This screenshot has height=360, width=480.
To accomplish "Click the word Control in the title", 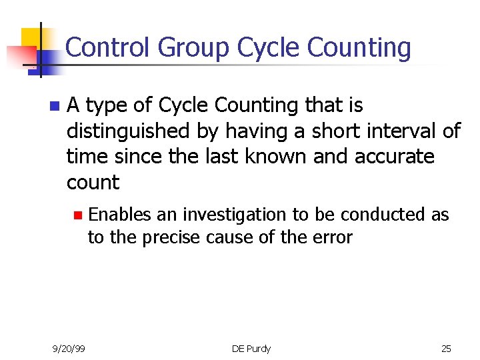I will coord(109,48).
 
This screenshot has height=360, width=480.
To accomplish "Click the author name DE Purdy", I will coord(251,348).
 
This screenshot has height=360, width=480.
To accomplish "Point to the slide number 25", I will coord(446,348).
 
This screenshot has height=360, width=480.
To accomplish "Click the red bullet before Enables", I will coord(77,215).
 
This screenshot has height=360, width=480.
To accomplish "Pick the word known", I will coord(283,157).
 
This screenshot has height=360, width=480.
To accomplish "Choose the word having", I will coord(258,131).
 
